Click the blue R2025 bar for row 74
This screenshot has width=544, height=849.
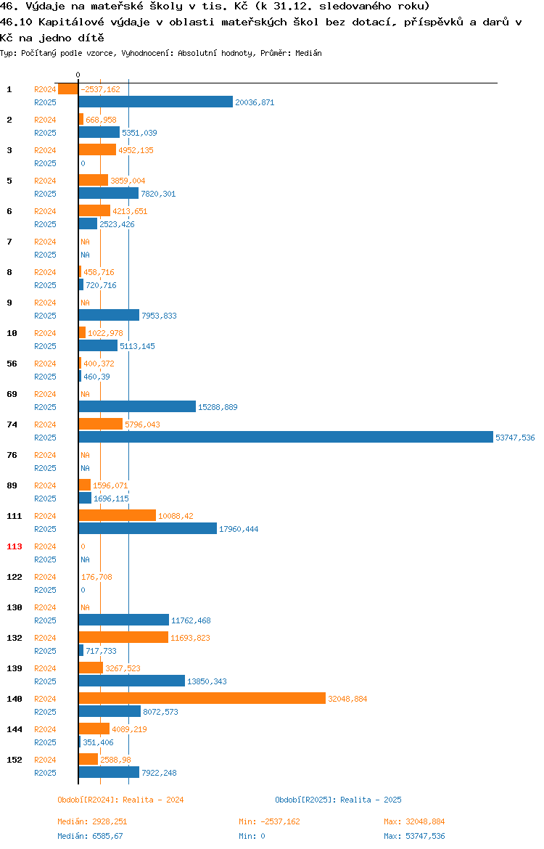286,437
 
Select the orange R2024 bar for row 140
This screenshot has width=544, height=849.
202,699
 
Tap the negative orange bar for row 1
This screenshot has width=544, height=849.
67,89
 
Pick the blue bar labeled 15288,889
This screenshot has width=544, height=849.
137,406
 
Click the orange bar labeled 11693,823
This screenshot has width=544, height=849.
123,637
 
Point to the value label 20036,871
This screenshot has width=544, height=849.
255,102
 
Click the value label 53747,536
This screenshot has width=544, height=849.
515,438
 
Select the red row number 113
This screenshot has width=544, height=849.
14,546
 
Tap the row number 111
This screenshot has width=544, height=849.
14,516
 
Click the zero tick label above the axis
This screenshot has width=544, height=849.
78,75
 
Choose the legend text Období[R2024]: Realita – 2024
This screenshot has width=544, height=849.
120,800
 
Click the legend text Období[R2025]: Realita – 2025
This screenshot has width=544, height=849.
338,800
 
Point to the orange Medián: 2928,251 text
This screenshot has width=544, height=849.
93,821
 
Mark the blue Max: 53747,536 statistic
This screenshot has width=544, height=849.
414,836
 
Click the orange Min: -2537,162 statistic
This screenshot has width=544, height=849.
269,821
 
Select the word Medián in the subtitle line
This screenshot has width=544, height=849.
308,53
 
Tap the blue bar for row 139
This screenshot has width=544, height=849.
131,681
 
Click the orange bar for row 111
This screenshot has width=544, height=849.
118,515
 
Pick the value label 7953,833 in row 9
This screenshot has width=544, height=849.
159,316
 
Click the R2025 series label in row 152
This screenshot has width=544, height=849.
45,773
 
